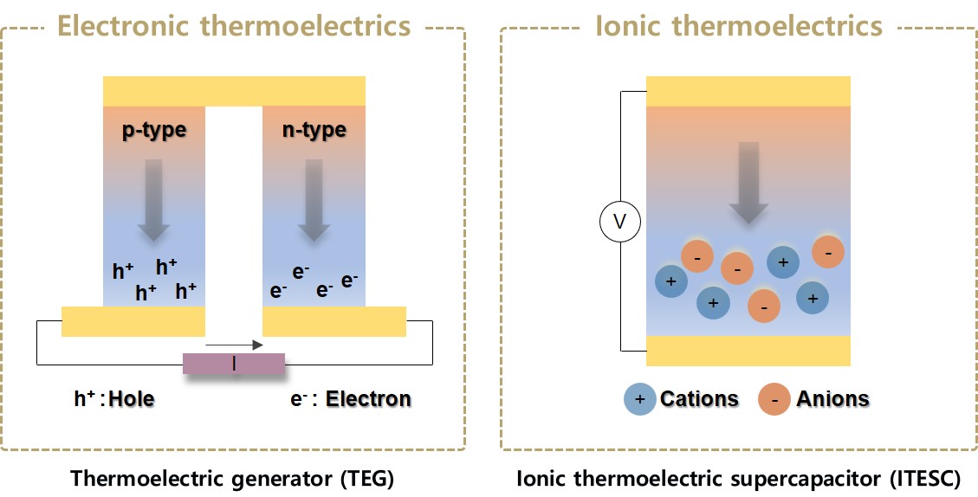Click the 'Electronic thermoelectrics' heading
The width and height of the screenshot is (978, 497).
(233, 25)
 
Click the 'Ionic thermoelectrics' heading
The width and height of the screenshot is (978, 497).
(739, 25)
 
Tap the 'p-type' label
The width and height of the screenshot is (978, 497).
(154, 131)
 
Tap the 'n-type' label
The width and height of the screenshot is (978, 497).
(314, 131)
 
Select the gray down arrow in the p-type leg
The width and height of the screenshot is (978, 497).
(154, 198)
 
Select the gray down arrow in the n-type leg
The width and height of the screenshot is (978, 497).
(314, 198)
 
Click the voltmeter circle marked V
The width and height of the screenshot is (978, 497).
(620, 223)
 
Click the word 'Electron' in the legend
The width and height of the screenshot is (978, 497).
(368, 399)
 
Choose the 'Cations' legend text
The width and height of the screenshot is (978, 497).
(699, 399)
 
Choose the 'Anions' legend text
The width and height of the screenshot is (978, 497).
(832, 399)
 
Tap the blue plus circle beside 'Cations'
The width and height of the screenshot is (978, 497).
(639, 399)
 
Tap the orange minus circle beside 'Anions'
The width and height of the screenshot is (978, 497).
(774, 399)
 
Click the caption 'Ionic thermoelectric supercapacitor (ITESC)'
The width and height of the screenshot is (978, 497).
(738, 478)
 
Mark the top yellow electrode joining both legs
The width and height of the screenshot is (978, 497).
(234, 91)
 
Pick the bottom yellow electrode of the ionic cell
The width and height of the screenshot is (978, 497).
(748, 351)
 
